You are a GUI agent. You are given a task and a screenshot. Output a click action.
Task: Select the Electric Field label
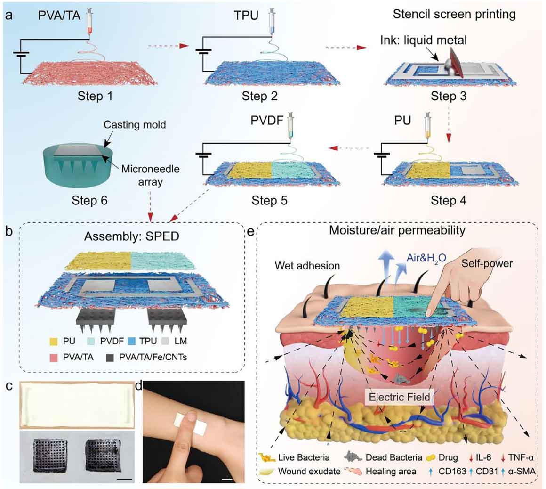click(x=399, y=397)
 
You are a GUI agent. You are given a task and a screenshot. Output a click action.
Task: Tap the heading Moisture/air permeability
click(x=397, y=231)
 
